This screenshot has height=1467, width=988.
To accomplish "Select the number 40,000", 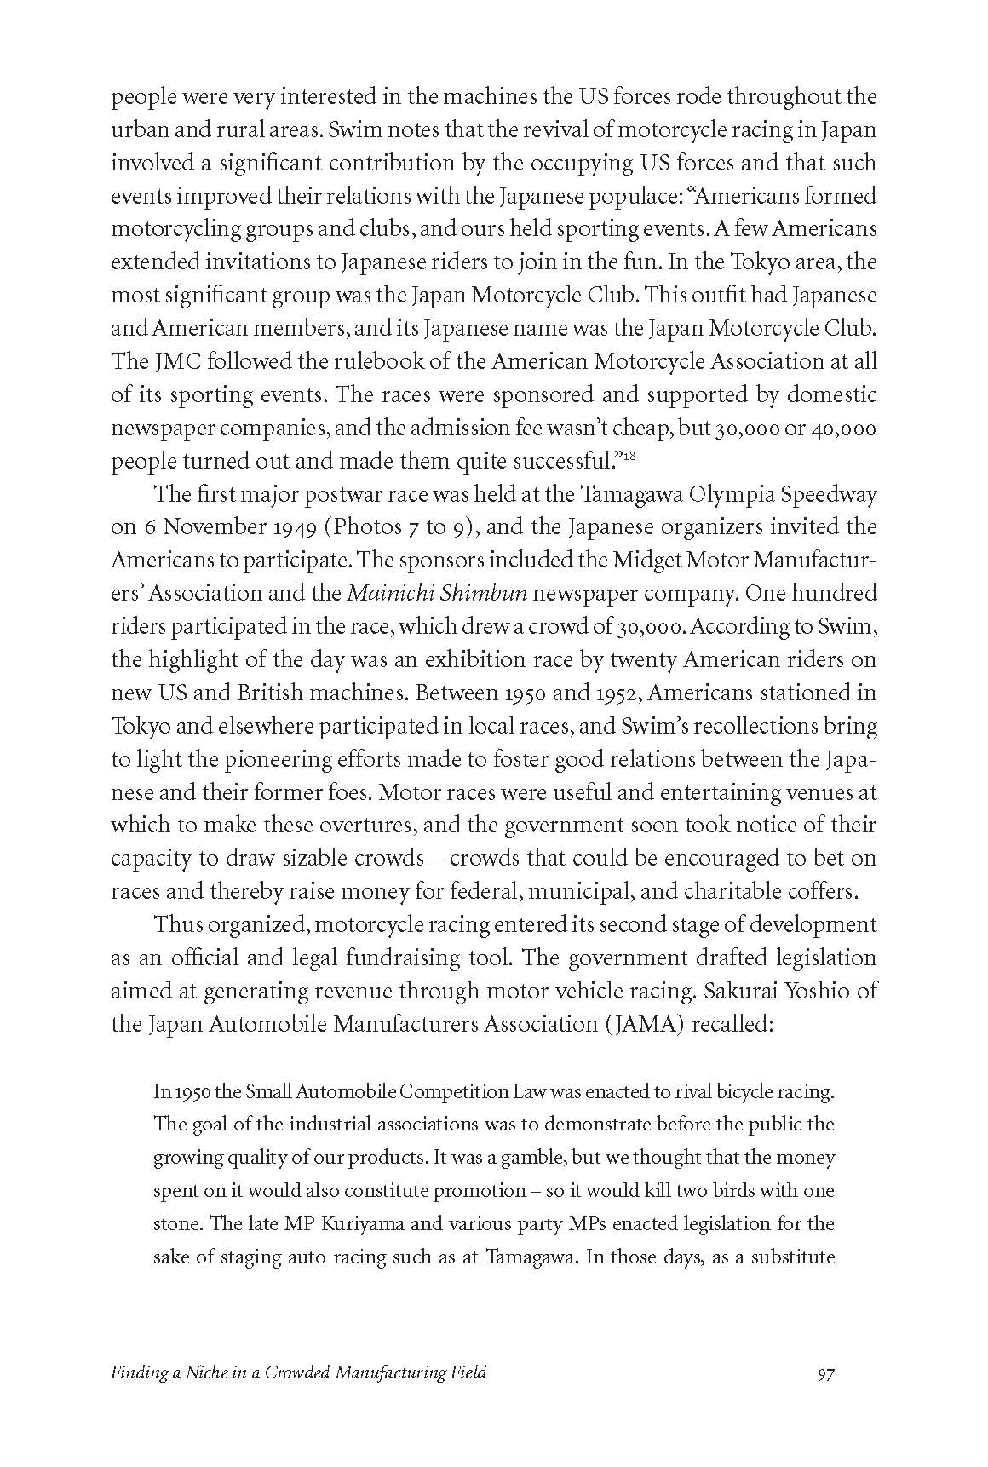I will point(842,428).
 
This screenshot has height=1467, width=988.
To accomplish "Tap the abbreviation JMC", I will point(176,361).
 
